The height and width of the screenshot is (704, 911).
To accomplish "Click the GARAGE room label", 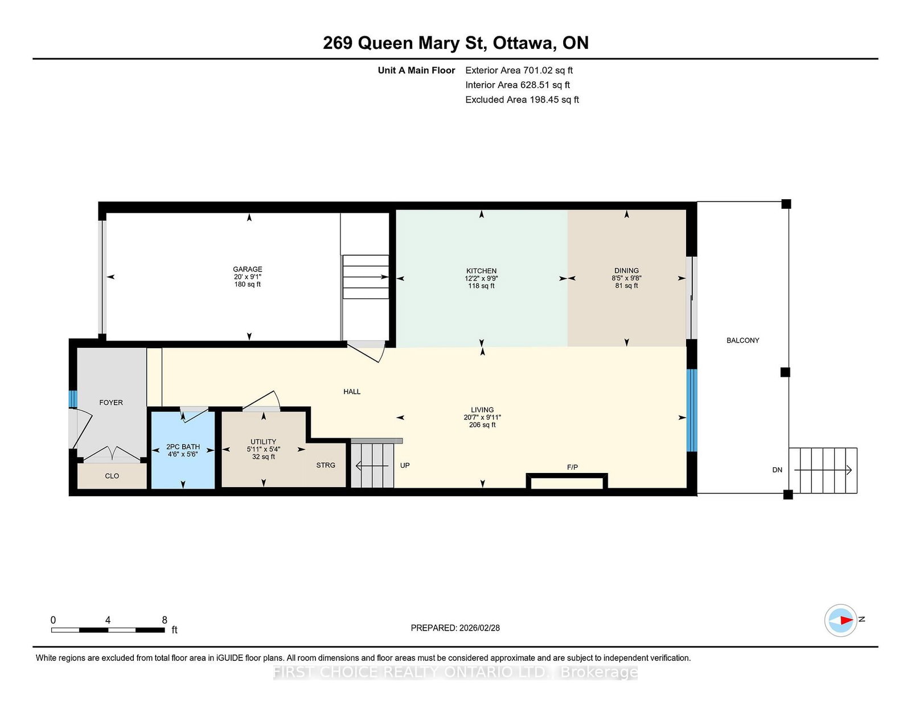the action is pos(247,269).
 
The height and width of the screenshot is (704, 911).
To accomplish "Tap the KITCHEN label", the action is pos(481,271).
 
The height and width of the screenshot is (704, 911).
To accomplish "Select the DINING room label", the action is pos(626,271).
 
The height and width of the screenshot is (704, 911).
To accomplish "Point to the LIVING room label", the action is pos(482,410).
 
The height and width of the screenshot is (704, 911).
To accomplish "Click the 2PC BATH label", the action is pos(183,447).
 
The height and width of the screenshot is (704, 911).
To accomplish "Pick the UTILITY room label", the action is pos(263,442).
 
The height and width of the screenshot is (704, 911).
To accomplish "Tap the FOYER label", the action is pos(111,403).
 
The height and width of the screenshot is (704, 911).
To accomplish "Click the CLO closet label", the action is pos(112,476).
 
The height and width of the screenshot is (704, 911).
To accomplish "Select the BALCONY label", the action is pos(743,341).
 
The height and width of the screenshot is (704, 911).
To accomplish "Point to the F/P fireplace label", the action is pos(572,467).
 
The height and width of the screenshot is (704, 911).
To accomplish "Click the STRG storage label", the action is pos(326,465).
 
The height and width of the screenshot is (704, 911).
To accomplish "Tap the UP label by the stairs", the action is pos(405,465).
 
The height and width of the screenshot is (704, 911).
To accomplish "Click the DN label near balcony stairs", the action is pos(777,470).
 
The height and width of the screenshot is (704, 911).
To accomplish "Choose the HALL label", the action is pos(352,392).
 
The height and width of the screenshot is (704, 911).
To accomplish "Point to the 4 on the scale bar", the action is pos(108,620).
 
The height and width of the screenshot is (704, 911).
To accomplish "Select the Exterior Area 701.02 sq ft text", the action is pos(519,71).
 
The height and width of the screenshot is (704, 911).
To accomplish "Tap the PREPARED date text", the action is pos(455,628).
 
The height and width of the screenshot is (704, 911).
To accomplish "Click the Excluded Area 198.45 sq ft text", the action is pos(522,100).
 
